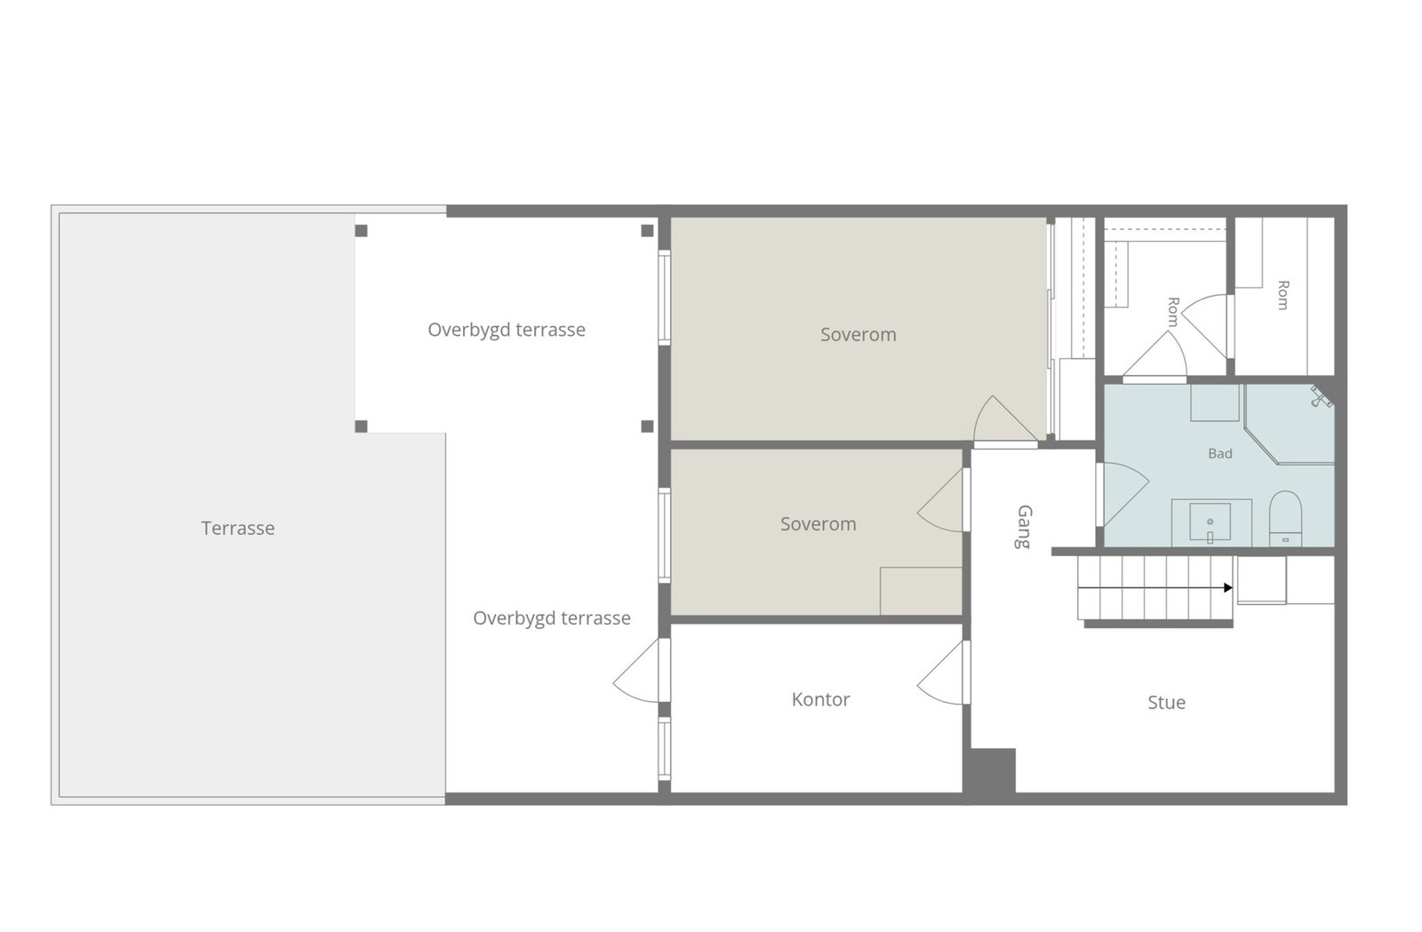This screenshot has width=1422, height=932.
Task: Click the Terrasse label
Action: point(238,528)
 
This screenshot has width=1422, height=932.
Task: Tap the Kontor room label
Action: point(820,699)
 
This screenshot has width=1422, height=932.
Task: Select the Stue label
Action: point(1166,702)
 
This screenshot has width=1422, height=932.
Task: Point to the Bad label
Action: point(1219,454)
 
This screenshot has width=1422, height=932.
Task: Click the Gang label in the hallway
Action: point(1024,527)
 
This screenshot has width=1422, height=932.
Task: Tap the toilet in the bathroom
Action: point(1285,518)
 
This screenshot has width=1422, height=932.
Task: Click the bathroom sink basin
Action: point(1210,522)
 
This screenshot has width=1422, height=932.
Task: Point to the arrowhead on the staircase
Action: point(1227,588)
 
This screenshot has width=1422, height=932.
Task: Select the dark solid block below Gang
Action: point(989,770)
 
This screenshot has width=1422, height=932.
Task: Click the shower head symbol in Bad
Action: point(1321,398)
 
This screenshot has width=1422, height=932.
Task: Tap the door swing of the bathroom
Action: point(1123,494)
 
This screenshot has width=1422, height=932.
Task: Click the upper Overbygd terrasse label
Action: point(507,330)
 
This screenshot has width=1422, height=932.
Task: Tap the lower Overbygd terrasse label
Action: point(552,618)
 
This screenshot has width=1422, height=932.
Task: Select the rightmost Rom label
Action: point(1282,295)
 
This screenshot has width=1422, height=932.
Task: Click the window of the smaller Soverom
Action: point(664,535)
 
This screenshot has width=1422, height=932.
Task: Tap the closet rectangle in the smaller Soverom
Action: point(921,591)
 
